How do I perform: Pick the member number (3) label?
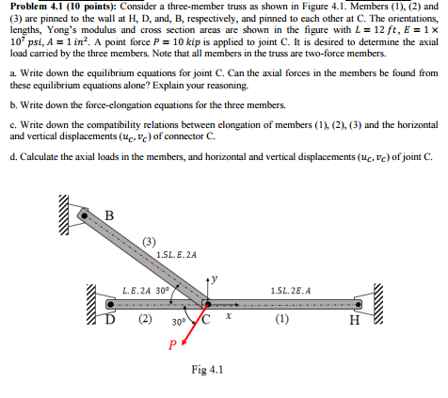tap(150, 241)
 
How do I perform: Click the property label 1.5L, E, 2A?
tap(177, 254)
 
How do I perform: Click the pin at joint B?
tap(85, 215)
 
